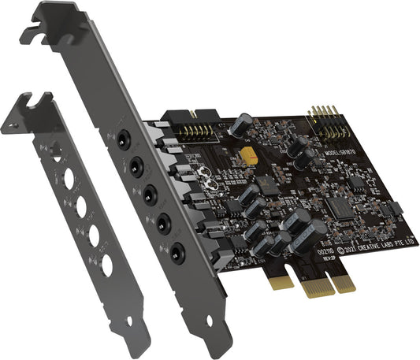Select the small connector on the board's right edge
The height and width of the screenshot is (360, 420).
coord(396,208)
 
